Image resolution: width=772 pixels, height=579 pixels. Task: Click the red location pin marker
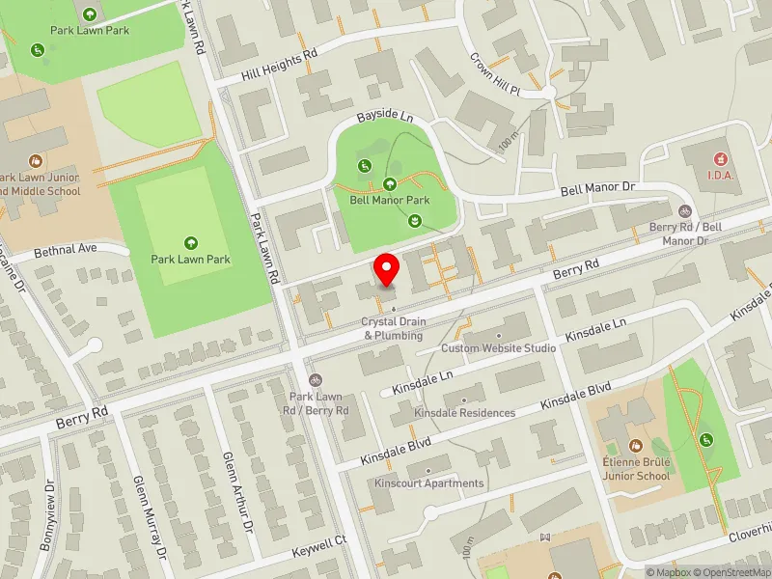(x=387, y=269)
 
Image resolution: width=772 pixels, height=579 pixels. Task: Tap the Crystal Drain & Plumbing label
(x=393, y=329)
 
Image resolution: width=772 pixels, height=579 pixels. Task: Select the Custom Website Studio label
(x=498, y=347)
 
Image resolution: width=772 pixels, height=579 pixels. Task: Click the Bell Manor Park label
(x=390, y=201)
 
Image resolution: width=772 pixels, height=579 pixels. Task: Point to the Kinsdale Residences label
(x=464, y=413)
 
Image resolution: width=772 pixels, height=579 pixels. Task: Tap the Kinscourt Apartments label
(x=428, y=483)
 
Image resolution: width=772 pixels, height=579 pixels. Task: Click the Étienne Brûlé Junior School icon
(x=635, y=446)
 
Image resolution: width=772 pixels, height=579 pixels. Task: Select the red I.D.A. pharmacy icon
(x=719, y=157)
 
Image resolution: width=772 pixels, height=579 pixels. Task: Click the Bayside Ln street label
(x=377, y=117)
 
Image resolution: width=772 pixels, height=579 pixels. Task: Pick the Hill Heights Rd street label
(x=279, y=64)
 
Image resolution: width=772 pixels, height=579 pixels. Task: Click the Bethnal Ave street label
(x=66, y=250)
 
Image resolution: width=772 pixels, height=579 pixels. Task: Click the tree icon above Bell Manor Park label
(x=390, y=183)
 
